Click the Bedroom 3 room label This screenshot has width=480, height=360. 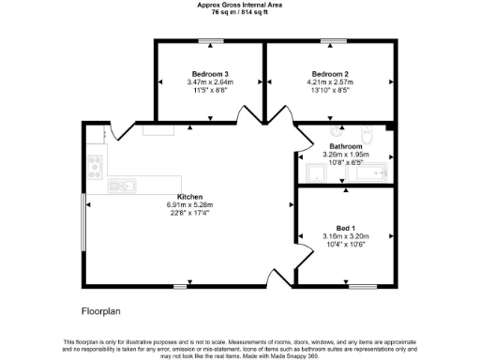(x=210, y=74)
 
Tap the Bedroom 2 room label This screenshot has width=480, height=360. (x=330, y=74)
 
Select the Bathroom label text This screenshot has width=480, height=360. (x=346, y=147)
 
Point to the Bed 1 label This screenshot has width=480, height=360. (x=346, y=228)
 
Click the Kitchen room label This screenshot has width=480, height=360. (x=190, y=197)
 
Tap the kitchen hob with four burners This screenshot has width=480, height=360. (x=94, y=168)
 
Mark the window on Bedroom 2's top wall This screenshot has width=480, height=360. (x=330, y=40)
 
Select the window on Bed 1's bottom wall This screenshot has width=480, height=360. (x=362, y=286)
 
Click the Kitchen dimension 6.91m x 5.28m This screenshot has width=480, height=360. (x=190, y=205)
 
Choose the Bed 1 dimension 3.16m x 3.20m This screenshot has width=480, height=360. (x=346, y=236)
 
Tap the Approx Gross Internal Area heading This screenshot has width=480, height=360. (x=239, y=4)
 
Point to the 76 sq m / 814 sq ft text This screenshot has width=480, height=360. (x=239, y=11)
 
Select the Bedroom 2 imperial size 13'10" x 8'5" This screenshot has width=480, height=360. (x=330, y=90)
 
